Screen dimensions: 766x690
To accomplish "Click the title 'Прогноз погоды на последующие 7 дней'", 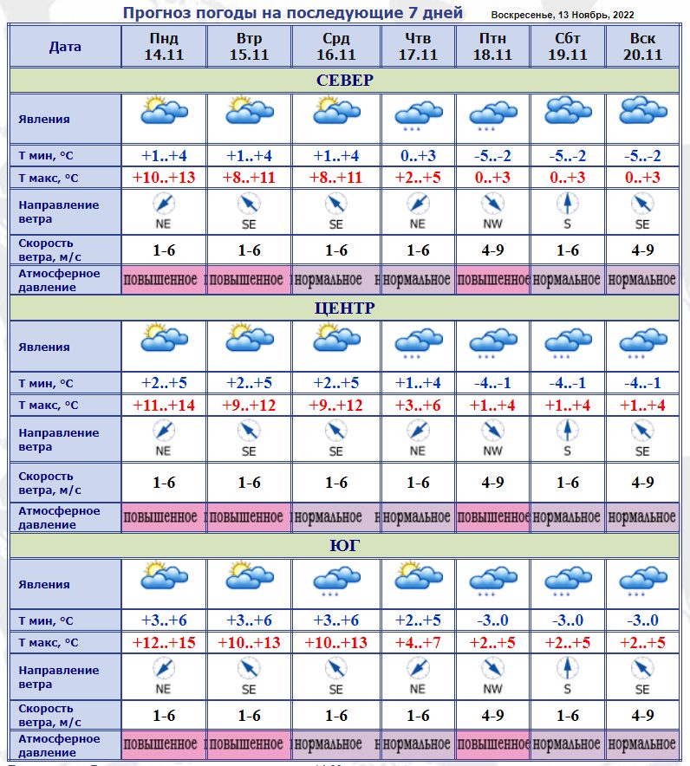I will (x=292, y=13).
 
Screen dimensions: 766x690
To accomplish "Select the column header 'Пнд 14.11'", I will (x=163, y=47).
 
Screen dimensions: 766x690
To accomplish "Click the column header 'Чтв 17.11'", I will (x=418, y=47).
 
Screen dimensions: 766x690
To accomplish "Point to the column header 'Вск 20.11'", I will (x=641, y=47).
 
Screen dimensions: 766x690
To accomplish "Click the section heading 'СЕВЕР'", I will (x=344, y=81).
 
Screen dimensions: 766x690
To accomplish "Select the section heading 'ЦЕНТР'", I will (x=344, y=308).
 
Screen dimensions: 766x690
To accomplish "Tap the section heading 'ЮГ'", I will (x=344, y=546).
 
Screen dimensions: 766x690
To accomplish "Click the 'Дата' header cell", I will (x=65, y=47).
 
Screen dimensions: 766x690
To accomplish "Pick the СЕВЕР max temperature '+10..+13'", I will (x=163, y=178).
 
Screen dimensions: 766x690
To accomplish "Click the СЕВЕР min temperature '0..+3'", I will (x=418, y=156).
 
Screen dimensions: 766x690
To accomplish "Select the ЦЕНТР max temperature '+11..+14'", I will (x=163, y=405).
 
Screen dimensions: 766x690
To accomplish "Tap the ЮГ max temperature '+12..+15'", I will (x=163, y=642).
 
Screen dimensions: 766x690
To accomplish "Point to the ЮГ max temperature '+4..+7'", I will (x=418, y=642).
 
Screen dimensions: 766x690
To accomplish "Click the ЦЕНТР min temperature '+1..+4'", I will (x=418, y=383).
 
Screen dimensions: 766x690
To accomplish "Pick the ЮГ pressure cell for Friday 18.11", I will (x=492, y=744).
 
